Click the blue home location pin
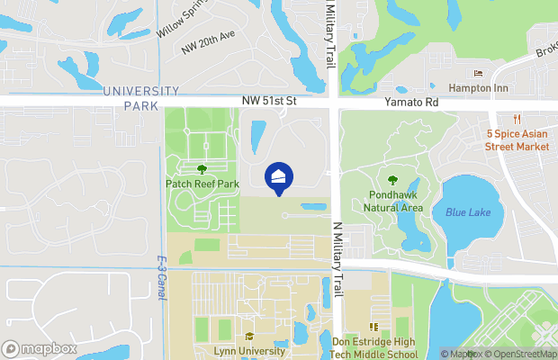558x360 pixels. pos(279,176)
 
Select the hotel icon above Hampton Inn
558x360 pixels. pos(478,74)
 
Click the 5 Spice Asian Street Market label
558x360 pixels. pos(517,139)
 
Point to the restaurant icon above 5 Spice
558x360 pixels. pos(517,119)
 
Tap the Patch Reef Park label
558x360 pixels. pos(202,184)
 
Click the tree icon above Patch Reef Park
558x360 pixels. pos(202,168)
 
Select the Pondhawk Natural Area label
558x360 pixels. pos(393,201)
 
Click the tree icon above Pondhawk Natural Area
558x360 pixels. pos(392,179)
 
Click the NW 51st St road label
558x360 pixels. pos(268,103)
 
